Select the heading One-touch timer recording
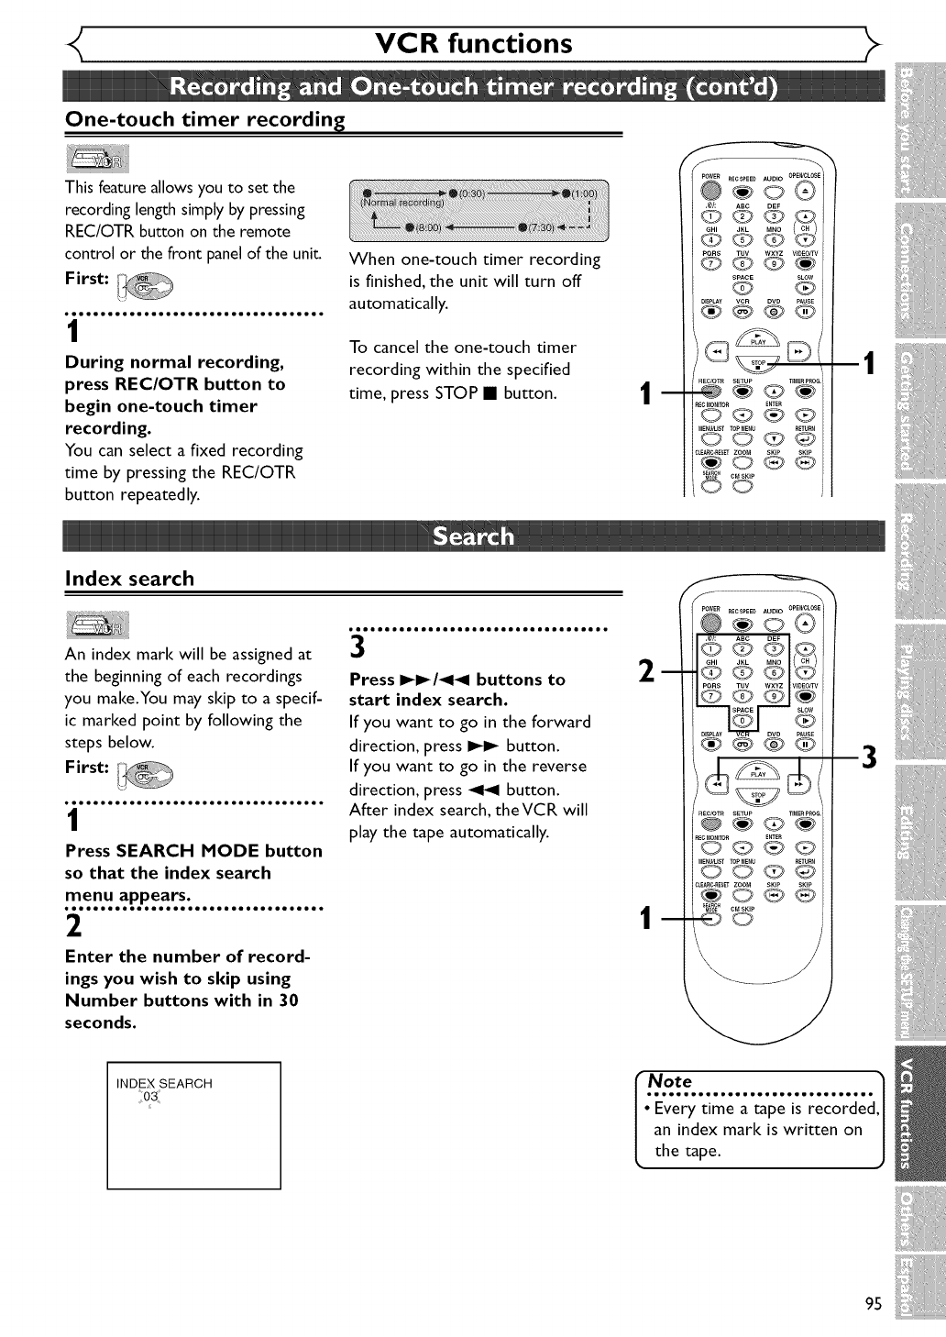[x=204, y=119]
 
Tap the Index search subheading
[x=129, y=579]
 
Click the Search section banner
[x=473, y=536]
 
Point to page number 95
[x=873, y=1305]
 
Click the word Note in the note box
[x=670, y=1081]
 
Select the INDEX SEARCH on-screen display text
[x=164, y=1083]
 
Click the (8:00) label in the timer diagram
[x=428, y=227]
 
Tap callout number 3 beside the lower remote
[x=870, y=757]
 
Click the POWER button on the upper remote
[x=711, y=191]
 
